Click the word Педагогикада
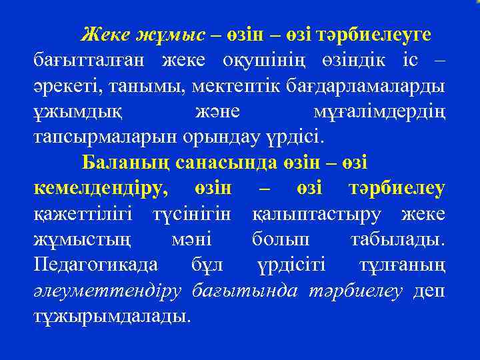tap(96, 265)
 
